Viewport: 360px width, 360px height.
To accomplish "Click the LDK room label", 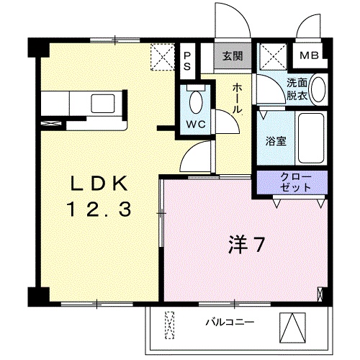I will pos(99,184).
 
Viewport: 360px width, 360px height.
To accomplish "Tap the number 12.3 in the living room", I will pos(99,210).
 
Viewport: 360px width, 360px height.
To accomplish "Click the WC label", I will pos(197,124).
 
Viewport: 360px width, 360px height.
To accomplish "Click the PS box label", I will pos(187,60).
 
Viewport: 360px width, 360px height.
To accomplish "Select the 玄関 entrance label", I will pos(232,55).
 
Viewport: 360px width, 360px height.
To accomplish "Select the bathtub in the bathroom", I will pos(311,138).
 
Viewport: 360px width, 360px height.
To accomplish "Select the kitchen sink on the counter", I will pos(105,102).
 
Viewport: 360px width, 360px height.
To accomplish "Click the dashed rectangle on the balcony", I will pos(171,325).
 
